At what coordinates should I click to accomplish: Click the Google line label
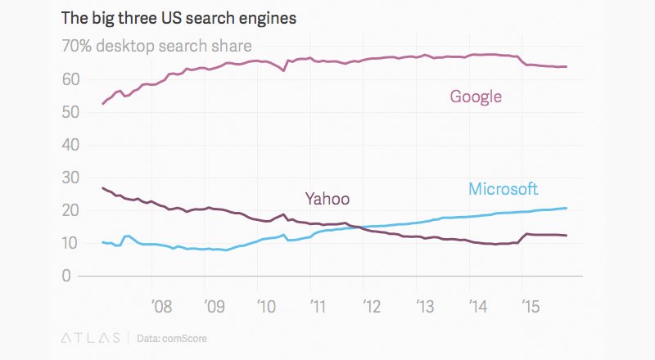coord(476,97)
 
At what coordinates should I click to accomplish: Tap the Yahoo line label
coord(327,198)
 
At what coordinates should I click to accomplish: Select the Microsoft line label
coord(503,189)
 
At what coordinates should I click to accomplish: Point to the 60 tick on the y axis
coord(71,79)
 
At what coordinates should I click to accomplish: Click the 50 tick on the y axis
coord(71,112)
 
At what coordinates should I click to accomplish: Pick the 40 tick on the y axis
coord(71,145)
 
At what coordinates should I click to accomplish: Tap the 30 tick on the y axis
coord(71,178)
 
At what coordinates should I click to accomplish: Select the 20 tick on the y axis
coord(71,210)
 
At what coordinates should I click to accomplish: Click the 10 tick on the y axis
coord(71,243)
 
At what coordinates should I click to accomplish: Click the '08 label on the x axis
coord(162,308)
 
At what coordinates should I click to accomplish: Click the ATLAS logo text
coord(89,337)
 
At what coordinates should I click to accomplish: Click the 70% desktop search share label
coord(156,47)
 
